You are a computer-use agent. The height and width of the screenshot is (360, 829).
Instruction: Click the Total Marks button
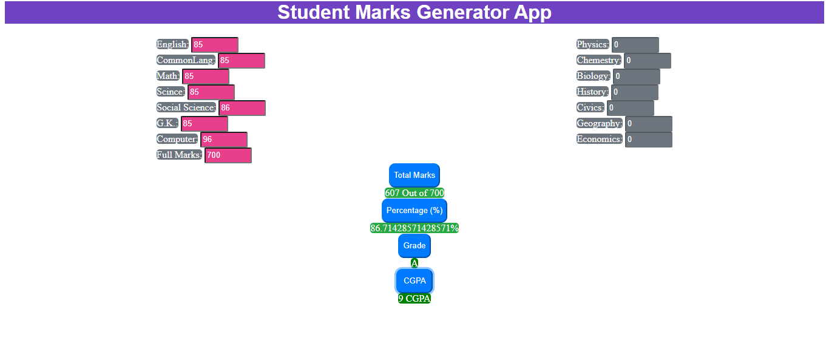point(414,175)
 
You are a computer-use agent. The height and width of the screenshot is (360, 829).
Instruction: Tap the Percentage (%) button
point(414,211)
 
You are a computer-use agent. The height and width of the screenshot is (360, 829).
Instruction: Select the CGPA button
point(414,280)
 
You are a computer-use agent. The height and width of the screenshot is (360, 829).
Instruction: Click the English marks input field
point(215,44)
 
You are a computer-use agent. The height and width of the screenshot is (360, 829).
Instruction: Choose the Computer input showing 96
point(224,139)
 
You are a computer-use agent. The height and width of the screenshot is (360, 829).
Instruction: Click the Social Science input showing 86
point(242,108)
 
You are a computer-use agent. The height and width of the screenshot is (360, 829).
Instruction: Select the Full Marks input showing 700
point(228,155)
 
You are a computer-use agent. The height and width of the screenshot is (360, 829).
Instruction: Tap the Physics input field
point(635,44)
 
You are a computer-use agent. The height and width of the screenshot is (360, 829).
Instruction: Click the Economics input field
point(649,139)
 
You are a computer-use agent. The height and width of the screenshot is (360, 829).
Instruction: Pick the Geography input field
point(649,124)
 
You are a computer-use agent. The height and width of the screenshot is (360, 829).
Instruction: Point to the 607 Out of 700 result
point(414,193)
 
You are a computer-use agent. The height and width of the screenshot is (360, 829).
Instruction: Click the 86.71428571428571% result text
point(414,228)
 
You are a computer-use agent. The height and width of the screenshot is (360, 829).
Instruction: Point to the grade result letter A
point(414,263)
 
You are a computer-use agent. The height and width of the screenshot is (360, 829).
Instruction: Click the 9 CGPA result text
point(414,299)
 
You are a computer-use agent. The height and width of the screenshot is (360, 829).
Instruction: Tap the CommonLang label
point(186,60)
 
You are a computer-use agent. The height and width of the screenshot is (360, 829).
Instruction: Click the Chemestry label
point(599,60)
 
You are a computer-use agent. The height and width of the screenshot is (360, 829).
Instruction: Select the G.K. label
point(167,123)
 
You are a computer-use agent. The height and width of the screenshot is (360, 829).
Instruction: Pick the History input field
point(635,92)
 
